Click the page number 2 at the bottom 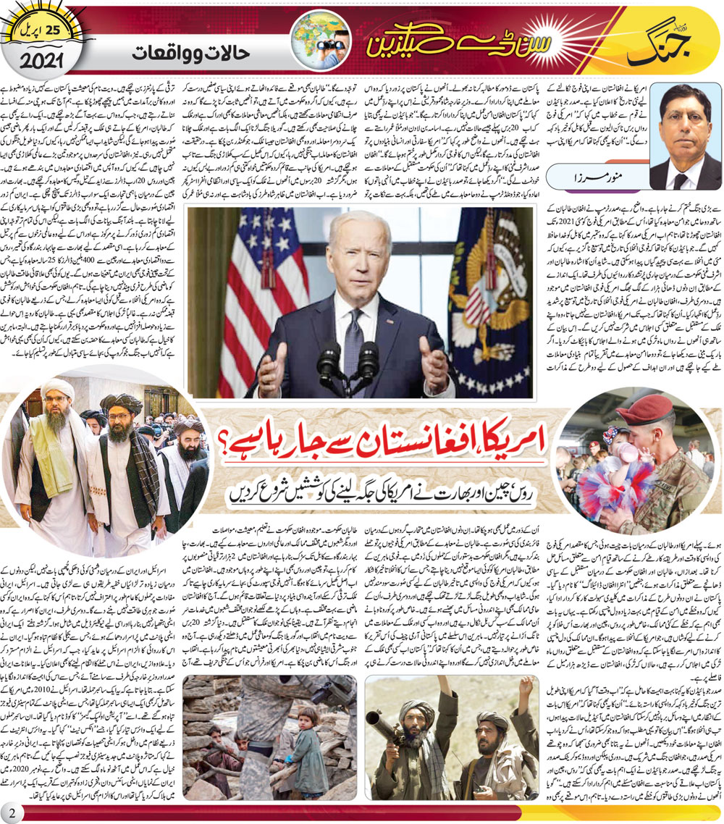[12, 810]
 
